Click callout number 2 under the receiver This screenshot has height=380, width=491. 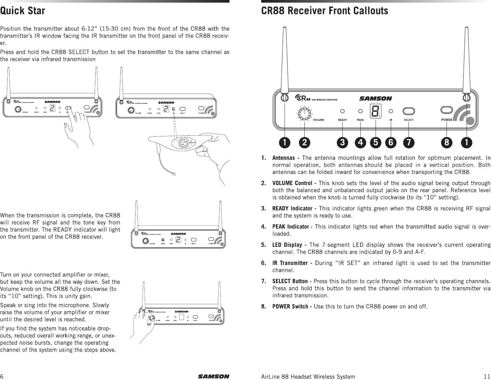click(x=304, y=142)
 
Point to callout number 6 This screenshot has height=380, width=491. click(x=391, y=142)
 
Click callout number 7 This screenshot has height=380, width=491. click(x=409, y=142)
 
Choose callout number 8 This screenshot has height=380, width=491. click(x=446, y=142)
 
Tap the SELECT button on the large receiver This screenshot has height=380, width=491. click(x=409, y=111)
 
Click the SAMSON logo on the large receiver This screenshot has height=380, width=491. click(x=375, y=98)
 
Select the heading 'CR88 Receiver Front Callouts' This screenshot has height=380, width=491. click(x=324, y=11)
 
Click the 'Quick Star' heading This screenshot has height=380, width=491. click(x=22, y=11)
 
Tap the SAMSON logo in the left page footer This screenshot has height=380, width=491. click(x=213, y=376)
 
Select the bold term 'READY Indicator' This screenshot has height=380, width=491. click(x=292, y=209)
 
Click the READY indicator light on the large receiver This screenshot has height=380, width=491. click(x=342, y=111)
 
